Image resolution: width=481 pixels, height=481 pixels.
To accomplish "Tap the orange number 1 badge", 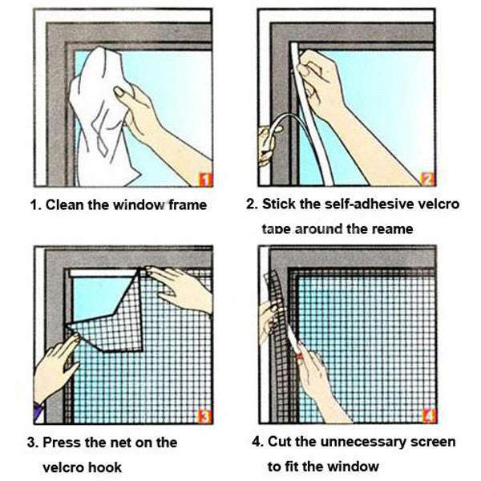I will point(204,178).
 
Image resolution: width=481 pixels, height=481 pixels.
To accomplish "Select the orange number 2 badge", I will point(427,178).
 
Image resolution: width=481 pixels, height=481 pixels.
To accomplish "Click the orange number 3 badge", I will point(204,415).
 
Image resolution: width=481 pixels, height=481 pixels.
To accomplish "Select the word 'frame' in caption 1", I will point(188,205).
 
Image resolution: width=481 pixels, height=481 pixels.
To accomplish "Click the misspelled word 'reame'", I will point(391,229).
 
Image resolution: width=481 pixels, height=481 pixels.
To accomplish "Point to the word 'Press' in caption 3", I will point(63,443).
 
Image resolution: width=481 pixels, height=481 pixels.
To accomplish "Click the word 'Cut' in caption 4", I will point(280,442).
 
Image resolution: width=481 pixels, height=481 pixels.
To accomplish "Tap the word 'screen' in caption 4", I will point(434,442).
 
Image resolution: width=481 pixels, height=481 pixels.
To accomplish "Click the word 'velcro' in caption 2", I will point(439,204).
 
